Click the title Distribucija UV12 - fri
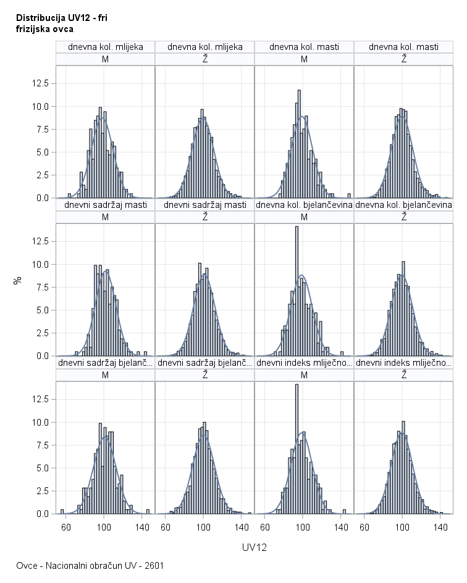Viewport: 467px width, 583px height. click(61, 18)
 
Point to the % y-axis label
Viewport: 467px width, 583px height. click(18, 279)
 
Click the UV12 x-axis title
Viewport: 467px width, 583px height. click(254, 547)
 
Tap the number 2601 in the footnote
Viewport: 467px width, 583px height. click(154, 565)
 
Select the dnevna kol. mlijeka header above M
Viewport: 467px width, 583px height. click(105, 47)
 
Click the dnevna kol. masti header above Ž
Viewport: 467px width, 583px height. click(403, 47)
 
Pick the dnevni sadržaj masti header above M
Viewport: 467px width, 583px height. click(105, 205)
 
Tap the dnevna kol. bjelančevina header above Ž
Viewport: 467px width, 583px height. click(403, 205)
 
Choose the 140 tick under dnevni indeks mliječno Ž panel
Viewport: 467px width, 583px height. click(440, 527)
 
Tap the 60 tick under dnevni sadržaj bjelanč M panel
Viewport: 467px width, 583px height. click(65, 527)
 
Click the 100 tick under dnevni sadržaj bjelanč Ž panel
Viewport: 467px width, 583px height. click(204, 527)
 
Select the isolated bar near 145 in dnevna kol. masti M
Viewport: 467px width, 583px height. click(349, 196)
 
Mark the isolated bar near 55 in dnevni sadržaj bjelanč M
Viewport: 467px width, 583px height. click(62, 511)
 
